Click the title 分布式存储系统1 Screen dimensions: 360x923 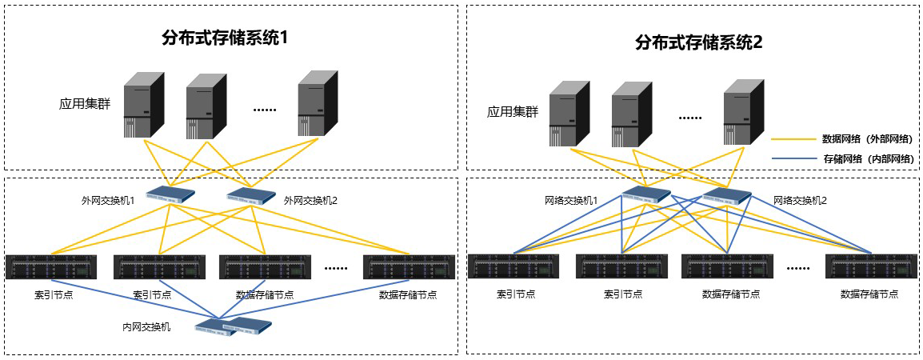pyautogui.click(x=224, y=38)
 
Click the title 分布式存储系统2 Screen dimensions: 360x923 pyautogui.click(x=699, y=42)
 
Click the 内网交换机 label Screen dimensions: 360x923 pyautogui.click(x=146, y=326)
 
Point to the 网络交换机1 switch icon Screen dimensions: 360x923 pyautogui.click(x=646, y=194)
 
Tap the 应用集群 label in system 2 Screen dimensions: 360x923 pyautogui.click(x=513, y=112)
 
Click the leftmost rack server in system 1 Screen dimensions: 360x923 pyautogui.click(x=51, y=266)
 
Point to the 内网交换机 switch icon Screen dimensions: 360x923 pyautogui.click(x=234, y=325)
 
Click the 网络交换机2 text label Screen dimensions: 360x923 pyautogui.click(x=800, y=201)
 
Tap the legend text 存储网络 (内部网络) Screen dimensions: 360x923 pyautogui.click(x=867, y=159)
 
